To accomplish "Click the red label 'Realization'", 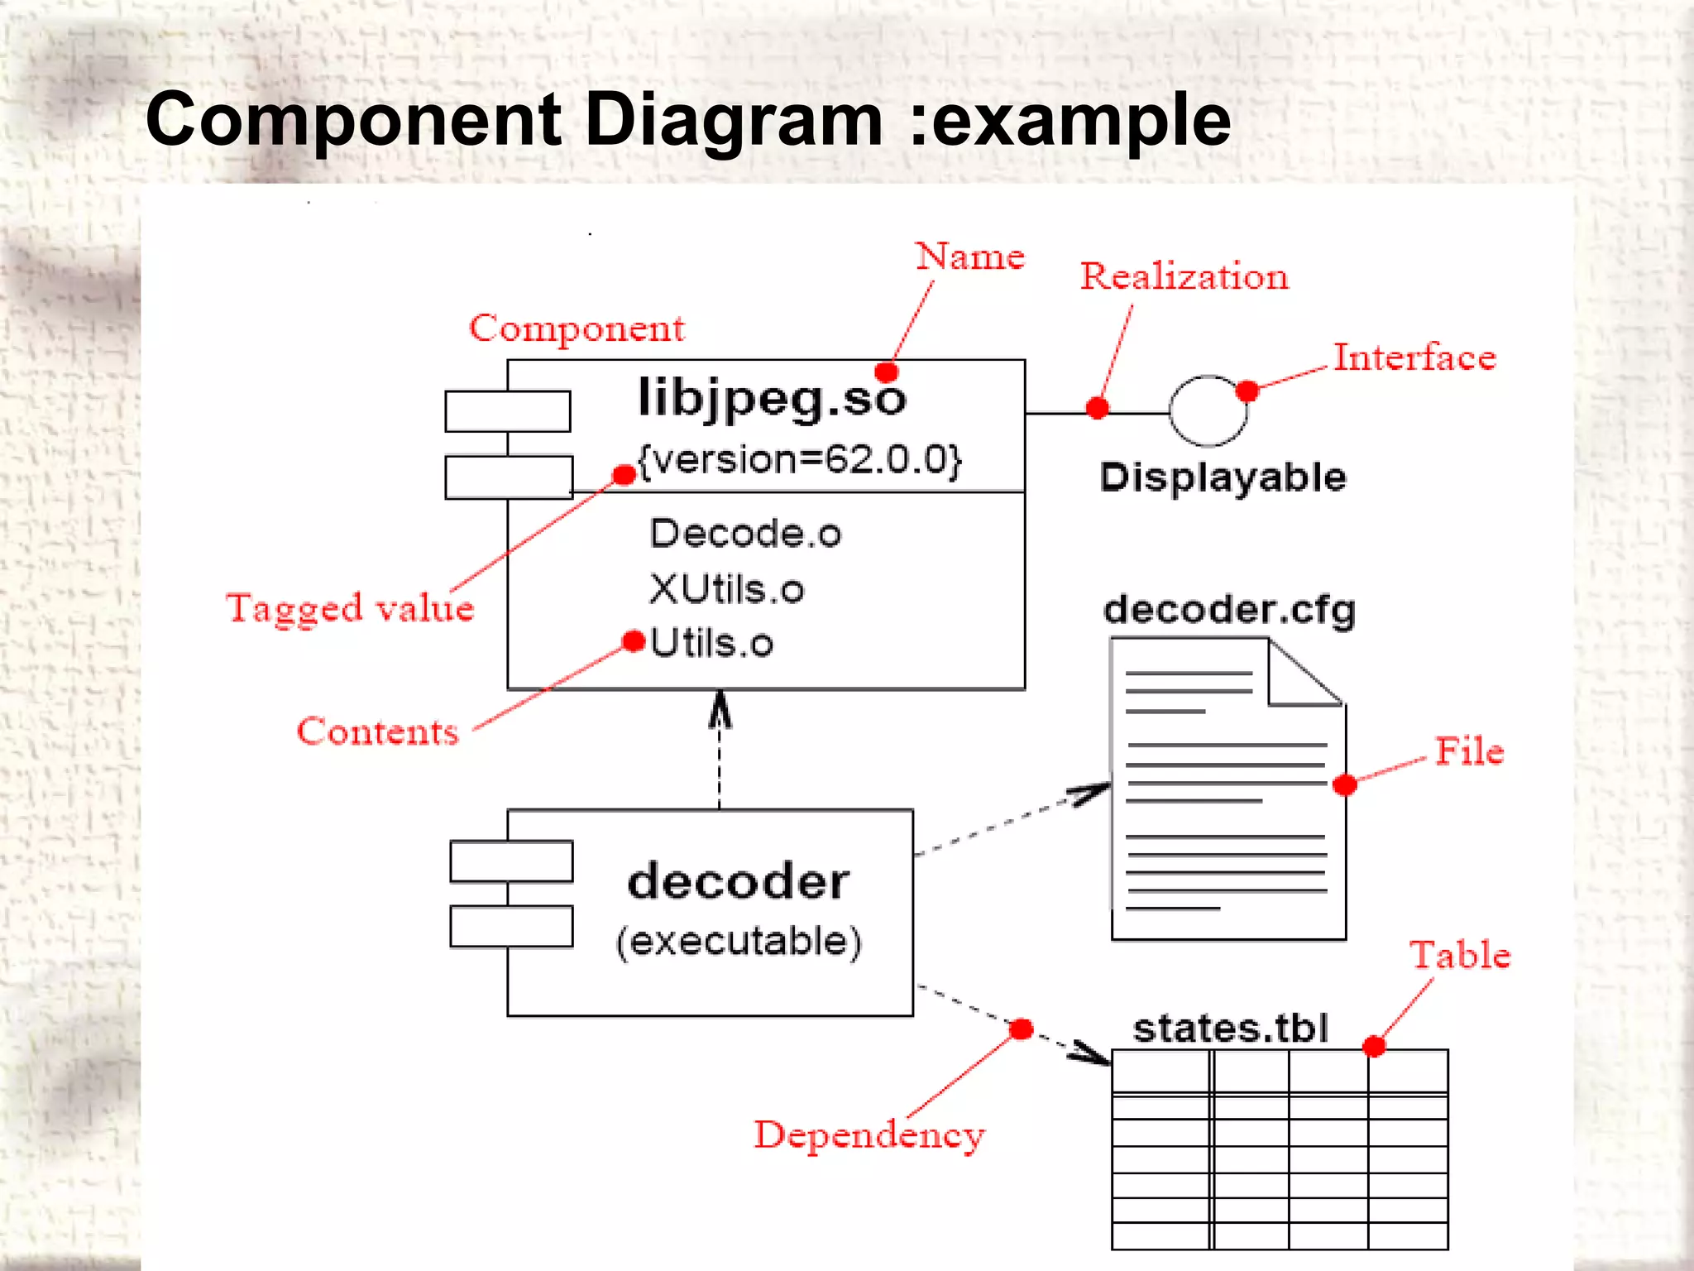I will [1184, 276].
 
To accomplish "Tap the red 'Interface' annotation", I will [1414, 357].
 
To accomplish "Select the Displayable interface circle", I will [1208, 410].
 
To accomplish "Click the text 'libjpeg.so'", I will [772, 399].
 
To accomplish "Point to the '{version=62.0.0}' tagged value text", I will [800, 460].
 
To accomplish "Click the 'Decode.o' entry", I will [745, 534].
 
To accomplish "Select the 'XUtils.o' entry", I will [726, 590].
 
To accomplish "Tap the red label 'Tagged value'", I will [350, 608].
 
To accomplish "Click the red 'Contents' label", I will [377, 732].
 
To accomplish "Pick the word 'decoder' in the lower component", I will [738, 881].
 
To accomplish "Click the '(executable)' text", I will [739, 942].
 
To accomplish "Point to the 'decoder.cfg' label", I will [1229, 611].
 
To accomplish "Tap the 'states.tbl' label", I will [1230, 1029].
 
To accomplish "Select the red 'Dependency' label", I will [869, 1134].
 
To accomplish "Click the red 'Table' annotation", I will [1460, 955].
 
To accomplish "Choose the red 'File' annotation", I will [1469, 751].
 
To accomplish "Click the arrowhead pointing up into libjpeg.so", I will [720, 709].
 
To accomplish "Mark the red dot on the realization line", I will [1098, 407].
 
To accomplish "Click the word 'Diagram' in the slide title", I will [734, 120].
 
